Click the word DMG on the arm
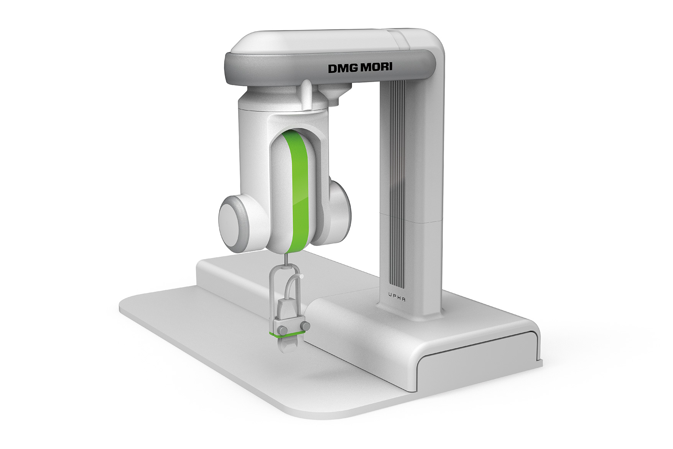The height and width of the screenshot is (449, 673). tap(341, 68)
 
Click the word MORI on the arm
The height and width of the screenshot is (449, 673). tap(376, 68)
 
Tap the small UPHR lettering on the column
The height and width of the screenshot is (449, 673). tap(398, 297)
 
